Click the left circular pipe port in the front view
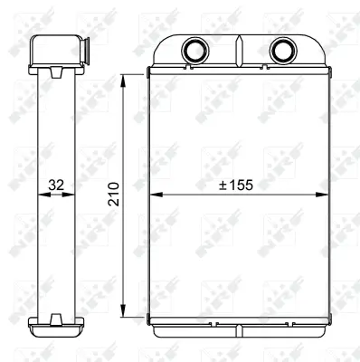pyautogui.click(x=194, y=49)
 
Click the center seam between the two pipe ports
pyautogui.click(x=239, y=51)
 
